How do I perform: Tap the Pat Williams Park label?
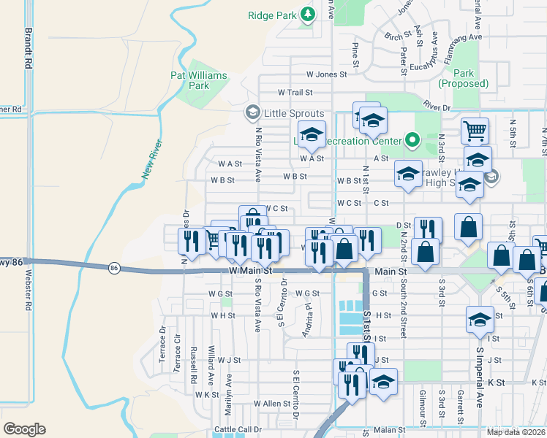point(198,80)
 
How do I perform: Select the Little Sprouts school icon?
point(252,112)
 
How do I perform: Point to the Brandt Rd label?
point(29,48)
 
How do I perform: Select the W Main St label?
point(249,270)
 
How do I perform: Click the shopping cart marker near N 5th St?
point(475,131)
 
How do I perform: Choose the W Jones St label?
point(326,74)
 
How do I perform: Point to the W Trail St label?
point(295,93)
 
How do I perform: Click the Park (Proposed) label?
point(463,78)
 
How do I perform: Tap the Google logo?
point(24,429)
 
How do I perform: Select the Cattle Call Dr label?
point(238,429)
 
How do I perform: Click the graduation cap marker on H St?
point(480,319)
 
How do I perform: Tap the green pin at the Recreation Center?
point(412,139)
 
